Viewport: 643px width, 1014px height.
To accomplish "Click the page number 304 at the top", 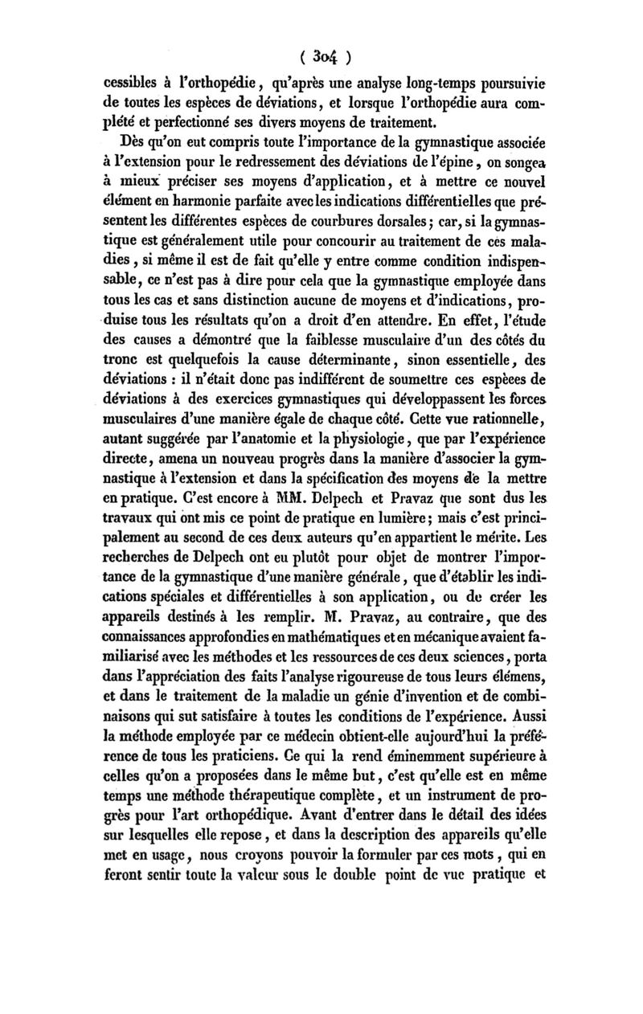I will [x=321, y=57].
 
